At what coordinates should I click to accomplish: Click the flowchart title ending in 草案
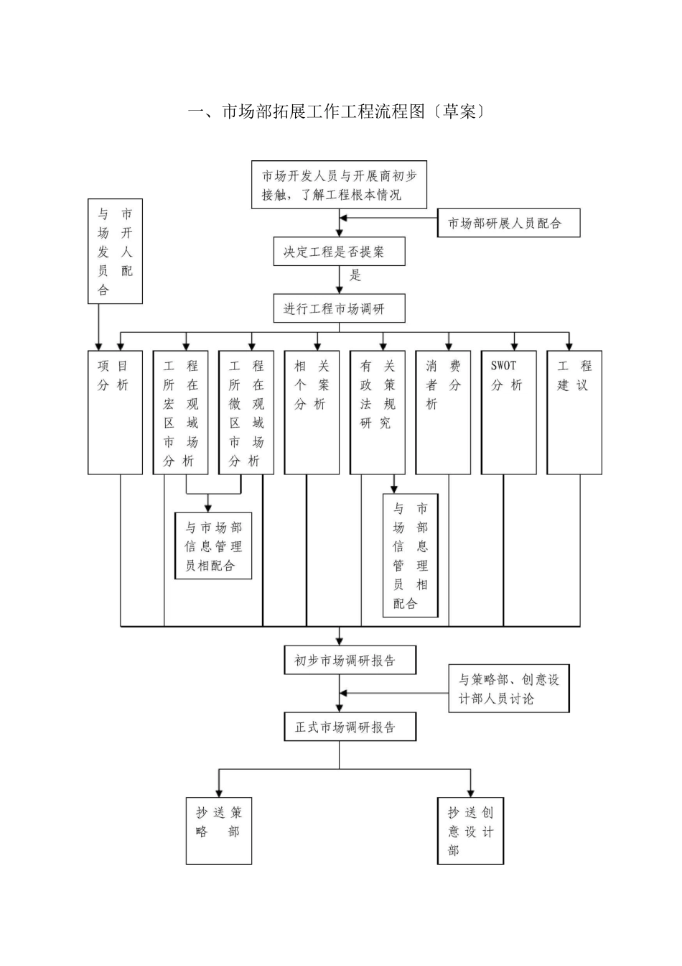coord(335,112)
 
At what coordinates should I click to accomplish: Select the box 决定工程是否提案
coord(339,252)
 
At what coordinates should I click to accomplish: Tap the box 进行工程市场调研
coord(339,308)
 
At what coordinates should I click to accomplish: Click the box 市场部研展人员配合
coord(508,224)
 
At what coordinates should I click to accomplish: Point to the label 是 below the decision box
coord(355,275)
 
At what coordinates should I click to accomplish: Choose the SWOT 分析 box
coord(508,413)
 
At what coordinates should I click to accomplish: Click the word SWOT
coord(504,365)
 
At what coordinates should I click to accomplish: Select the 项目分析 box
coord(115,413)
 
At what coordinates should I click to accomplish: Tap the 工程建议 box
coord(574,413)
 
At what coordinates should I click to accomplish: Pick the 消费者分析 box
coord(443,413)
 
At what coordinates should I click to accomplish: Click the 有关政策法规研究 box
coord(377,413)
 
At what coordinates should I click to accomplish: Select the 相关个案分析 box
coord(312,413)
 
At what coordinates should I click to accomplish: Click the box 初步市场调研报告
coord(350,661)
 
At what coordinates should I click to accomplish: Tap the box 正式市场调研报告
coord(350,727)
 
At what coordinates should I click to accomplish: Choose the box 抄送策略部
coord(219,830)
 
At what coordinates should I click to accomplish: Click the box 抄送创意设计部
coord(471,830)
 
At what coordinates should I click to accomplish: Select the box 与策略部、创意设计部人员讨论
coord(508,689)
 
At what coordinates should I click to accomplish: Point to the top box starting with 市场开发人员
coord(339,185)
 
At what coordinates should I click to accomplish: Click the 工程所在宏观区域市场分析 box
coord(180,413)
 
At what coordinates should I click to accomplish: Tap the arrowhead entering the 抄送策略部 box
coord(219,792)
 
